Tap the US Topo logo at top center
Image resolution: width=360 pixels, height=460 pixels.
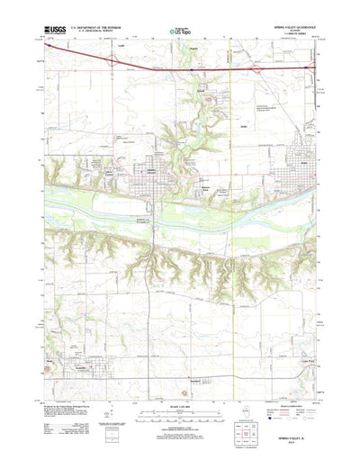pos(179,32)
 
